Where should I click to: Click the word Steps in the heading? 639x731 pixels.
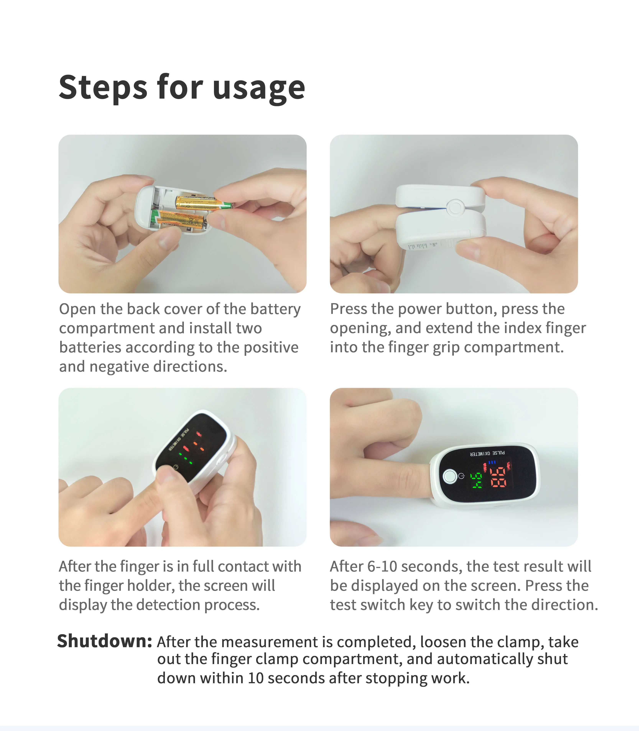coord(103,87)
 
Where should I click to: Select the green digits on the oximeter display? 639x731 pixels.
coord(477,480)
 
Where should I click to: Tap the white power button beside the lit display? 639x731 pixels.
coord(449,477)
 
